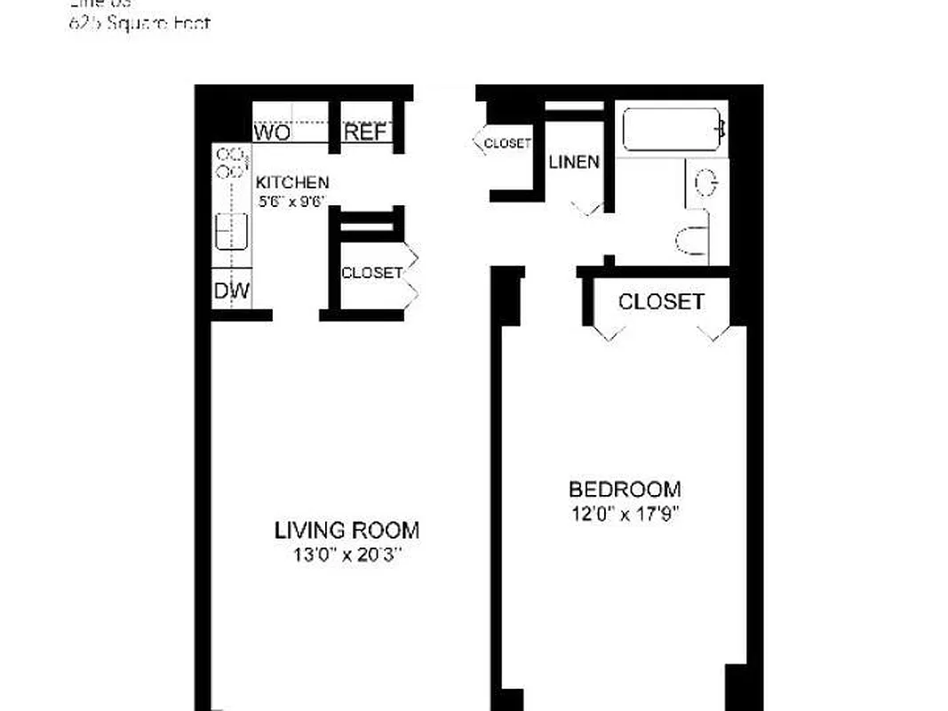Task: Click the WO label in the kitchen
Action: (273, 133)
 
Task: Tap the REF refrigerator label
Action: (365, 133)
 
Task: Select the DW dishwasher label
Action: (231, 291)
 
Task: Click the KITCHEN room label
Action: (292, 182)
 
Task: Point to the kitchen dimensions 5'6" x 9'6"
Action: (292, 201)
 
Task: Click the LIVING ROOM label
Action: (347, 531)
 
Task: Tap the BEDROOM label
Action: (625, 490)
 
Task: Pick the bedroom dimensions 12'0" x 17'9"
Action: (625, 514)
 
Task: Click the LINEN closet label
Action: (574, 163)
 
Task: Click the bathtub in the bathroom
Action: (672, 130)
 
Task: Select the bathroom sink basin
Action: (707, 184)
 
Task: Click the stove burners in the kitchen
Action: (231, 162)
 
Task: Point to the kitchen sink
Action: (231, 232)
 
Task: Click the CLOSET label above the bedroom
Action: (661, 302)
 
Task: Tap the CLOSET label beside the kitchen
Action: (371, 273)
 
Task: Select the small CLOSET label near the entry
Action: (507, 142)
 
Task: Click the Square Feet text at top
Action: (139, 23)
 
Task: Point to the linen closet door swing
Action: (587, 209)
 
